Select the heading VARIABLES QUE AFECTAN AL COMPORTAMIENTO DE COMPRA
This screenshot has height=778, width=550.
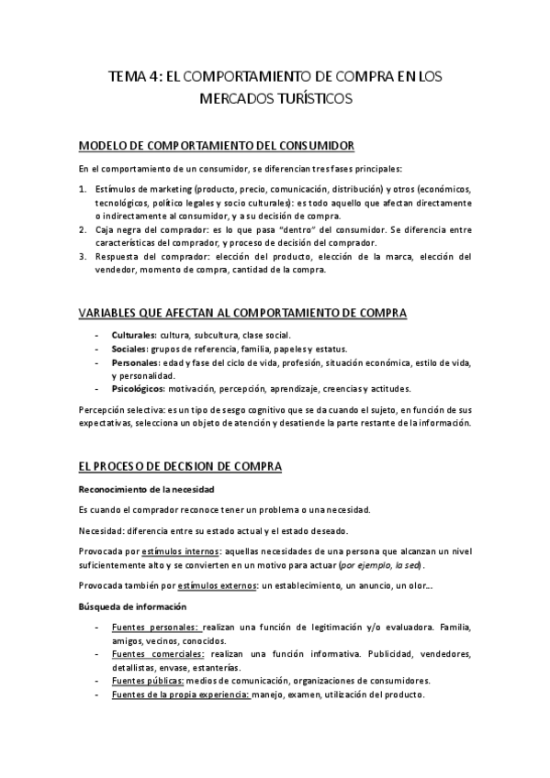242,313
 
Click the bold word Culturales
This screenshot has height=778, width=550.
132,337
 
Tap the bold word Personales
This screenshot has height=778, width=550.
134,362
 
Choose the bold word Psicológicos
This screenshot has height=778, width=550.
137,389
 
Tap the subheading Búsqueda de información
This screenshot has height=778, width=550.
132,606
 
